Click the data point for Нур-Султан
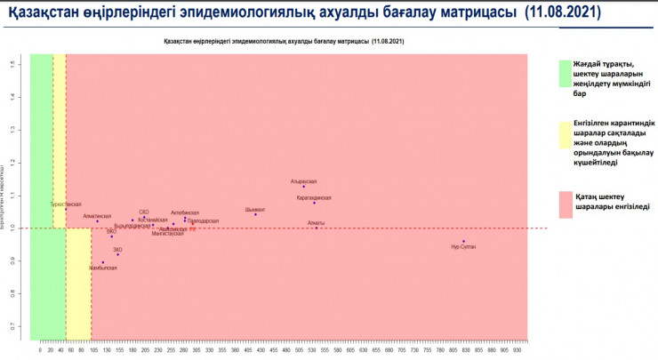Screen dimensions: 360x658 pyautogui.click(x=463, y=241)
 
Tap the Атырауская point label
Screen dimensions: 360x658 pyautogui.click(x=303, y=180)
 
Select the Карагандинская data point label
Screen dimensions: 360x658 pyautogui.click(x=313, y=197)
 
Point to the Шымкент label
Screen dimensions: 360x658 pyautogui.click(x=254, y=210)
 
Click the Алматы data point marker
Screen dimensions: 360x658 pyautogui.click(x=316, y=228)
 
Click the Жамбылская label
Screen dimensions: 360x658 pyautogui.click(x=102, y=268)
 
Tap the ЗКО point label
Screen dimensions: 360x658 pyautogui.click(x=117, y=251)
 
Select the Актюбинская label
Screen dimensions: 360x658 pyautogui.click(x=185, y=213)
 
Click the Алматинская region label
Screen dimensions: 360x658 pyautogui.click(x=97, y=216)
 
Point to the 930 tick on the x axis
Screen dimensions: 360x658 pyautogui.click(x=517, y=350)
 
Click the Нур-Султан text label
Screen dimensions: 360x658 pyautogui.click(x=463, y=246)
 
